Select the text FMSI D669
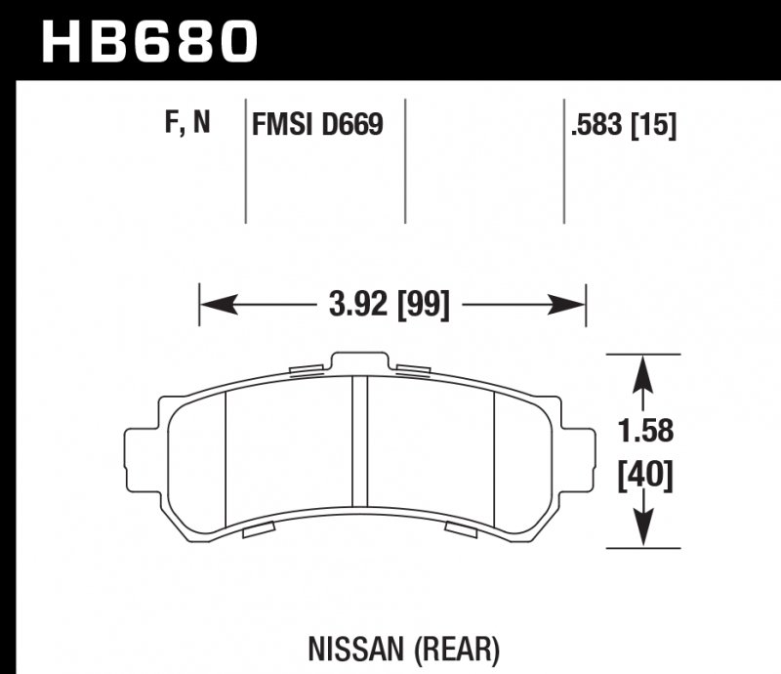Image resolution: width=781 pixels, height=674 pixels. click(x=316, y=125)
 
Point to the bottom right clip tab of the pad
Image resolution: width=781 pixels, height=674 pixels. click(x=459, y=528)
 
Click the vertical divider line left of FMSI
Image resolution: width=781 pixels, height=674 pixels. click(x=245, y=161)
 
